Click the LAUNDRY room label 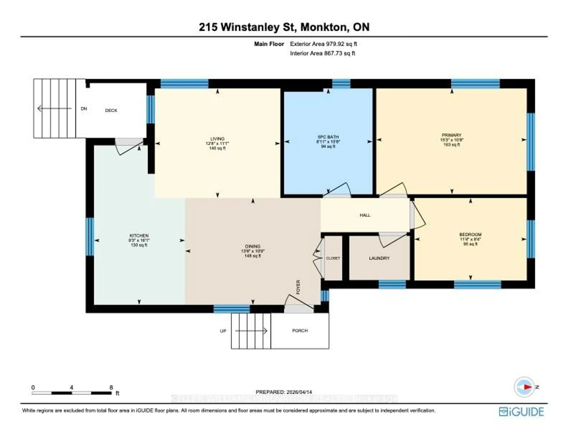[379, 258]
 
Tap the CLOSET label [333, 258]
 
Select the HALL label [365, 215]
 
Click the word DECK [111, 110]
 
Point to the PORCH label [300, 331]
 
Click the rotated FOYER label [298, 287]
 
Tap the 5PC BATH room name [328, 137]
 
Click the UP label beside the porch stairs [223, 331]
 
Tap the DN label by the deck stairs [84, 109]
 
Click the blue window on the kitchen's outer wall [90, 237]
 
